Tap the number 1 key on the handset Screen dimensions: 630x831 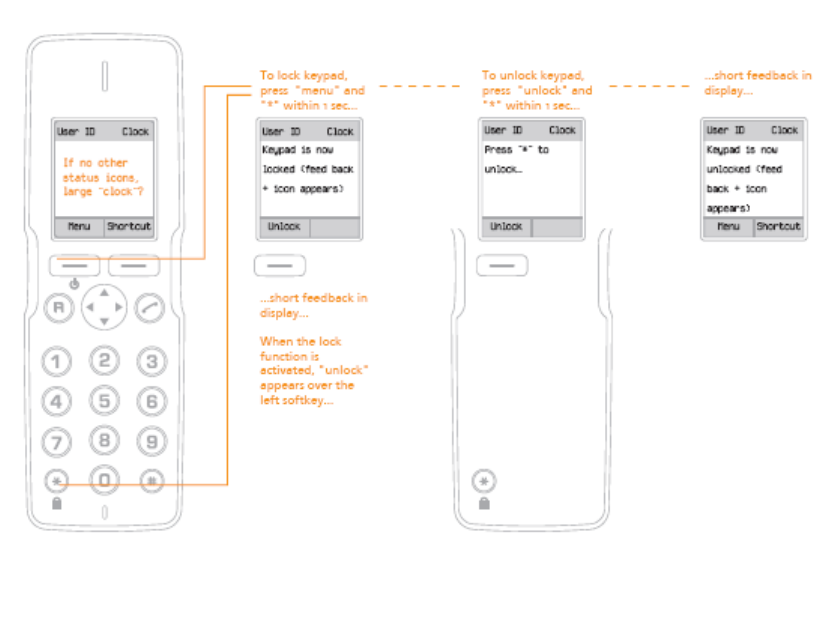61,362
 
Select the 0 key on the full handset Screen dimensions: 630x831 105,480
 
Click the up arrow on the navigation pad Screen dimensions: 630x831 105,293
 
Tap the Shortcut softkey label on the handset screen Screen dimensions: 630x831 129,227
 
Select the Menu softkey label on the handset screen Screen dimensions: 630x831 78,227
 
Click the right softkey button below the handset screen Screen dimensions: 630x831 133,266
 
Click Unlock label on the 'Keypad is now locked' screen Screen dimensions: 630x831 284,227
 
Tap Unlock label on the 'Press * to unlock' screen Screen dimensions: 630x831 506,227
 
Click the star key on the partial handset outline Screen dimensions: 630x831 484,481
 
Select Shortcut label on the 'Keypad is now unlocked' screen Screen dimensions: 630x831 777,227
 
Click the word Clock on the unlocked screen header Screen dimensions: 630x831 784,130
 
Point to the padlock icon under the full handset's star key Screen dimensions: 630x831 57,503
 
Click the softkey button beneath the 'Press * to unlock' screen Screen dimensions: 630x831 502,266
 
